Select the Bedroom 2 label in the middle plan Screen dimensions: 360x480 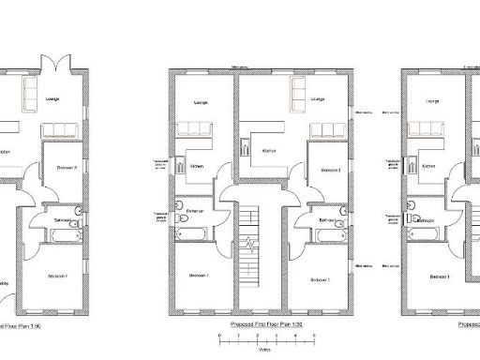329,171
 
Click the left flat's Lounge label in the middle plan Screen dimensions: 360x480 200,102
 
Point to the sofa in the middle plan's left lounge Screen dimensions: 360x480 200,128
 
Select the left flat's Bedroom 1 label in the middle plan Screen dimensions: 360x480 199,276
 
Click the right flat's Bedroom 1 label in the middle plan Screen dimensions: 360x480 322,278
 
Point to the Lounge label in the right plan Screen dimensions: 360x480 432,101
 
